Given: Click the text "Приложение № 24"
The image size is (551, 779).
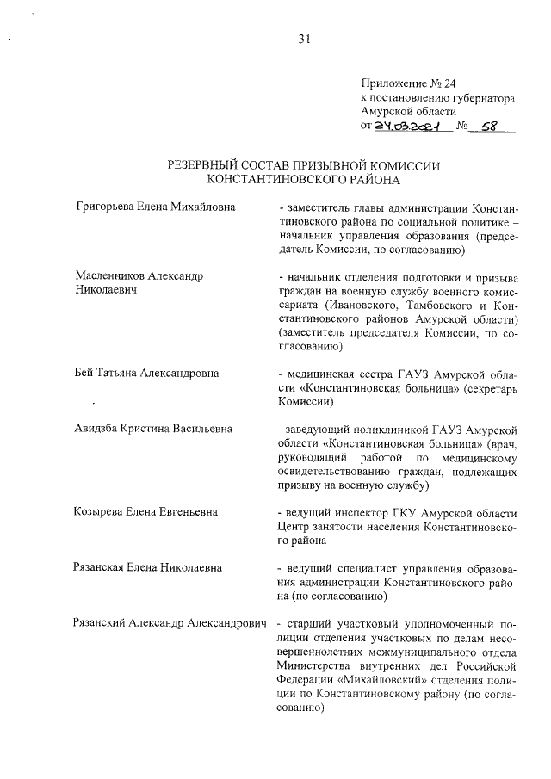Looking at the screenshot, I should coord(407,84).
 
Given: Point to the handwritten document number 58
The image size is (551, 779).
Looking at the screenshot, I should coord(490,126).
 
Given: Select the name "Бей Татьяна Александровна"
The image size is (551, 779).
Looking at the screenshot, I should coord(146,373).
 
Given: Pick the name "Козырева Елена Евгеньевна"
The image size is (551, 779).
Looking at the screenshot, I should coord(146,512).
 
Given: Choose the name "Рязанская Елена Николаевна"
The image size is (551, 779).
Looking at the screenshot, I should coord(149,567).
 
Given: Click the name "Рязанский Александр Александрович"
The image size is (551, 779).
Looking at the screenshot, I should coord(168,622).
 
